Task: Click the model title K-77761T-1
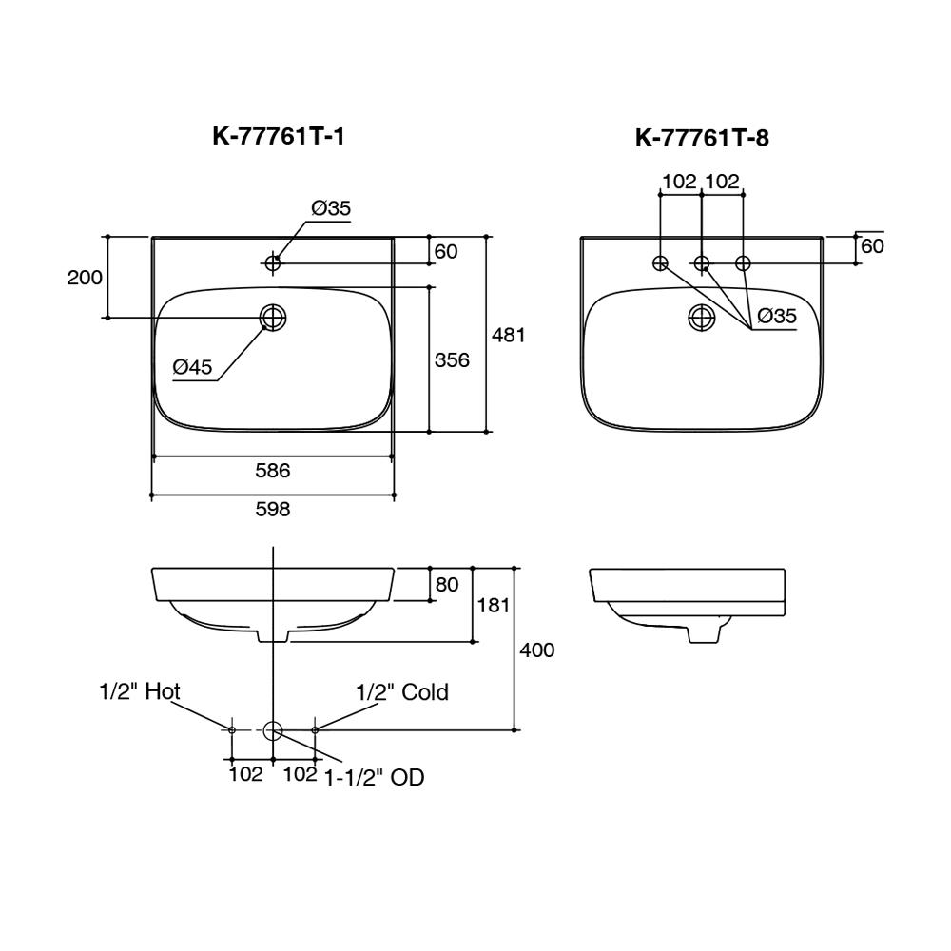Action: (279, 137)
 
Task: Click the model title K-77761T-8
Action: (702, 139)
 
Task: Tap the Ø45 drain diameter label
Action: (193, 367)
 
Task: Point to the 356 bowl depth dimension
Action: (452, 360)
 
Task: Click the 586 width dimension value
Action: (272, 470)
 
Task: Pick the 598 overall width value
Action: (273, 510)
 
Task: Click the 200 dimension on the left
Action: (85, 278)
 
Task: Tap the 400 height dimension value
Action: (536, 650)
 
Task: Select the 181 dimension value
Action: (494, 606)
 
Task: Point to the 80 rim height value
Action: (447, 585)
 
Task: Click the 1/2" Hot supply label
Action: (140, 691)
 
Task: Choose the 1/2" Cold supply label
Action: (402, 692)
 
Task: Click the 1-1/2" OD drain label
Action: (374, 778)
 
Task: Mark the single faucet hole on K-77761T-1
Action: (274, 262)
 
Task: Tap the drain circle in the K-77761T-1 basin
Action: (274, 318)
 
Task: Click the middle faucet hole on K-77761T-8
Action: (702, 262)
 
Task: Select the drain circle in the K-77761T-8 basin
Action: (702, 318)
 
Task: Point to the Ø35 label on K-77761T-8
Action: (777, 317)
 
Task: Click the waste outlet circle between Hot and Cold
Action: (273, 730)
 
